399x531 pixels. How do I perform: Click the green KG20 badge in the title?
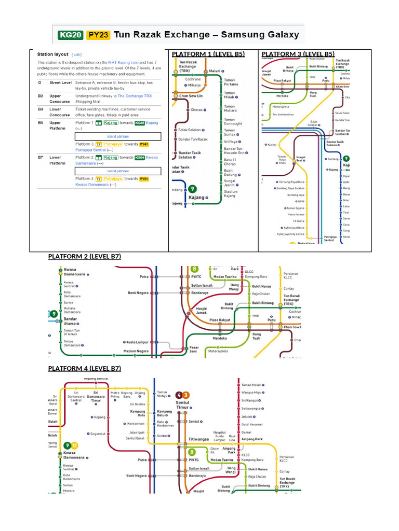pos(70,35)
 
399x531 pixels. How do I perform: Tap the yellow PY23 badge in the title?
pos(98,35)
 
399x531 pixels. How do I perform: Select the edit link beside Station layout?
pos(77,54)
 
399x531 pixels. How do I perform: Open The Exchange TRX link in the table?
pos(135,96)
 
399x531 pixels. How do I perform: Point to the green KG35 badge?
pos(139,123)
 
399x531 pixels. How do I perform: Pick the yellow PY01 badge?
pos(144,178)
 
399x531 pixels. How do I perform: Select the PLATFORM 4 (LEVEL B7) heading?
pos(84,369)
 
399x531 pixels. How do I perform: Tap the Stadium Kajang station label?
pos(230,193)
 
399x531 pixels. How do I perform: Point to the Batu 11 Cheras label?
pos(230,162)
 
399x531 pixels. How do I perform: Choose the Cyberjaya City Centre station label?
pos(291,234)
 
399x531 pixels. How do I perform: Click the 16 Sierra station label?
pos(298,221)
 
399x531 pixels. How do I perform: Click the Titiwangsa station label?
pos(201,439)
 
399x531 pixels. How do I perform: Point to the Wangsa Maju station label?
pos(251,393)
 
